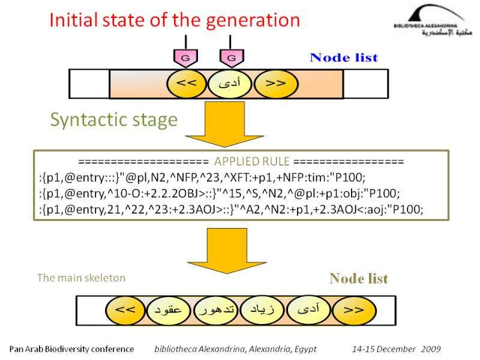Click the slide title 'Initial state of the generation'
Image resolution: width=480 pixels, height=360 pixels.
(x=174, y=21)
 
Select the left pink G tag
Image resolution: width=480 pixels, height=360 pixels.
(x=185, y=58)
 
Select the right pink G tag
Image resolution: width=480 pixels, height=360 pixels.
(x=231, y=58)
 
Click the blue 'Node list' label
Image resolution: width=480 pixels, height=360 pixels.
(x=344, y=58)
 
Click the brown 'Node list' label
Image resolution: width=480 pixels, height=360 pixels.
(x=358, y=279)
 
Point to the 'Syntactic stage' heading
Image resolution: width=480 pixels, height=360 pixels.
(x=113, y=120)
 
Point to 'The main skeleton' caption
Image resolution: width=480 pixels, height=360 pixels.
(x=81, y=278)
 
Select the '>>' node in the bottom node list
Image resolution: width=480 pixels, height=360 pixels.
(x=354, y=310)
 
